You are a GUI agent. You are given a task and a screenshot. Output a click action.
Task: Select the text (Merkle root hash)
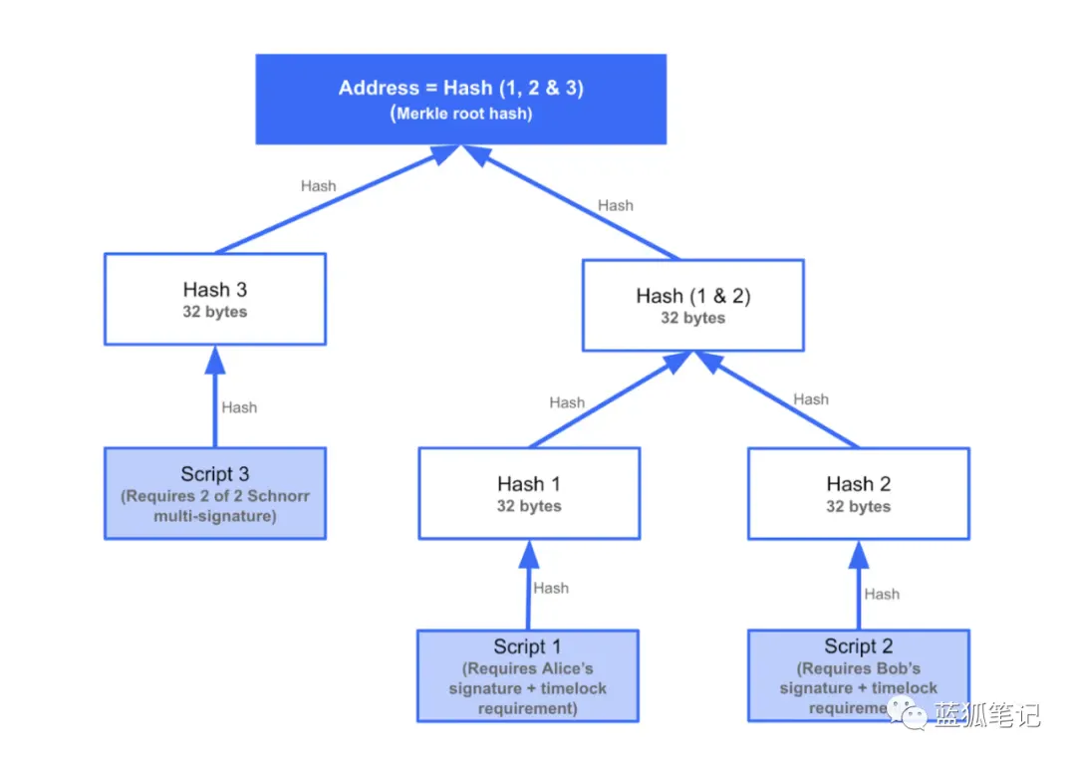point(460,114)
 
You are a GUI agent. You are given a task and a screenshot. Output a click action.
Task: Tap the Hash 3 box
point(215,299)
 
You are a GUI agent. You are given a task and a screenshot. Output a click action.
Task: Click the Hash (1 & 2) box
point(692,305)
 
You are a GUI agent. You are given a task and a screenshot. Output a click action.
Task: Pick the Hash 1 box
point(528,493)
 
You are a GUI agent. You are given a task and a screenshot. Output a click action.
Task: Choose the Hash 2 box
point(858,493)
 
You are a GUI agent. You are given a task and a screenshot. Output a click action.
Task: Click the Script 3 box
point(215,493)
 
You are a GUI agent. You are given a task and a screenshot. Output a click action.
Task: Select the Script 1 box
point(528,675)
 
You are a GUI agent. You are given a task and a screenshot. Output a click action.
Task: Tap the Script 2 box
point(858,675)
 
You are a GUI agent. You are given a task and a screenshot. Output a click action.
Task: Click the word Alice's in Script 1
point(565,668)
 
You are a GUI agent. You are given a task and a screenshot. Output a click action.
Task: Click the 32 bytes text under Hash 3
point(215,312)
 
